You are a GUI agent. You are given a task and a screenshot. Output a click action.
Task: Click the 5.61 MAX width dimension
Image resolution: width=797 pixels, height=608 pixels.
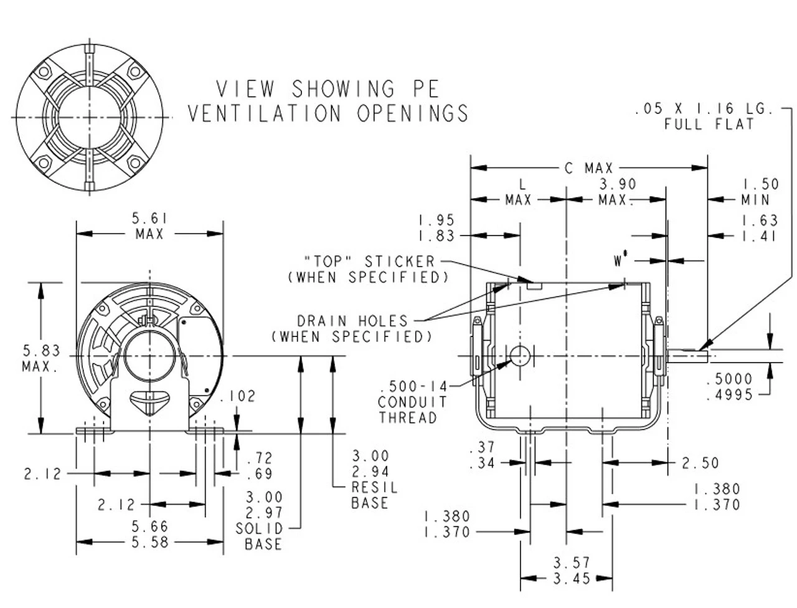149,226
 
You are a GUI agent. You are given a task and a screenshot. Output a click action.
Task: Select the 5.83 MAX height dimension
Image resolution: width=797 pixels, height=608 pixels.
40,358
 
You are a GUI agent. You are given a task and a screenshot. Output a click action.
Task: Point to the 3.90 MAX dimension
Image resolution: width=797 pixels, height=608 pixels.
616,192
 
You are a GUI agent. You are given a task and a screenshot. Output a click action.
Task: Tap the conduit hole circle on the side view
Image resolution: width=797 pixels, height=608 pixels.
520,356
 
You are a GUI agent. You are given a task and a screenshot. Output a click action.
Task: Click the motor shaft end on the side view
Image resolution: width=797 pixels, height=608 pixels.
689,356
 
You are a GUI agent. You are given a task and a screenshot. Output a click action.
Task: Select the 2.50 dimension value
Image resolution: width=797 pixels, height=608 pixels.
700,463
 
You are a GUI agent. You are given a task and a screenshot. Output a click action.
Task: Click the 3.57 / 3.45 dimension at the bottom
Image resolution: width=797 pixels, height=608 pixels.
572,571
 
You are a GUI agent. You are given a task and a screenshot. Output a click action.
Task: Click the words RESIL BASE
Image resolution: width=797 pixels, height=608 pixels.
374,495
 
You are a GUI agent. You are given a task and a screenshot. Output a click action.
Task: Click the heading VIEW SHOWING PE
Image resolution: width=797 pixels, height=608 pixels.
328,89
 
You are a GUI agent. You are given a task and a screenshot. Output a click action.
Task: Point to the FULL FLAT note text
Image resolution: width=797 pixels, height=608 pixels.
709,124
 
